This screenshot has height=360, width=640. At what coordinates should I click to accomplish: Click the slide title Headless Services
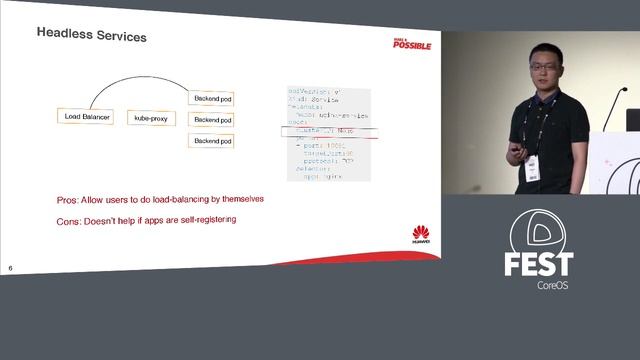(92, 36)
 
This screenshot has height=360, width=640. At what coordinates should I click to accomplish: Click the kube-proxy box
(150, 118)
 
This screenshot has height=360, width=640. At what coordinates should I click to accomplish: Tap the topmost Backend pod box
(212, 98)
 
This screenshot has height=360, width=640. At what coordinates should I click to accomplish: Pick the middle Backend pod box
(212, 120)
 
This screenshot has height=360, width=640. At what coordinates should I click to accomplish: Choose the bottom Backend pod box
(212, 141)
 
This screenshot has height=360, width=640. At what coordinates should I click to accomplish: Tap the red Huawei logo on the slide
(422, 236)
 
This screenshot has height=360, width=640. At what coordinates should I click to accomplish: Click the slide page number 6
(10, 268)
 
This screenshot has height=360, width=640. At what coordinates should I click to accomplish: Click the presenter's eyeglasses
(540, 71)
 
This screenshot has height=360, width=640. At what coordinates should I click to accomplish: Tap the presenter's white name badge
(533, 171)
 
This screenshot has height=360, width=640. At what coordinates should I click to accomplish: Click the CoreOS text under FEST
(552, 285)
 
